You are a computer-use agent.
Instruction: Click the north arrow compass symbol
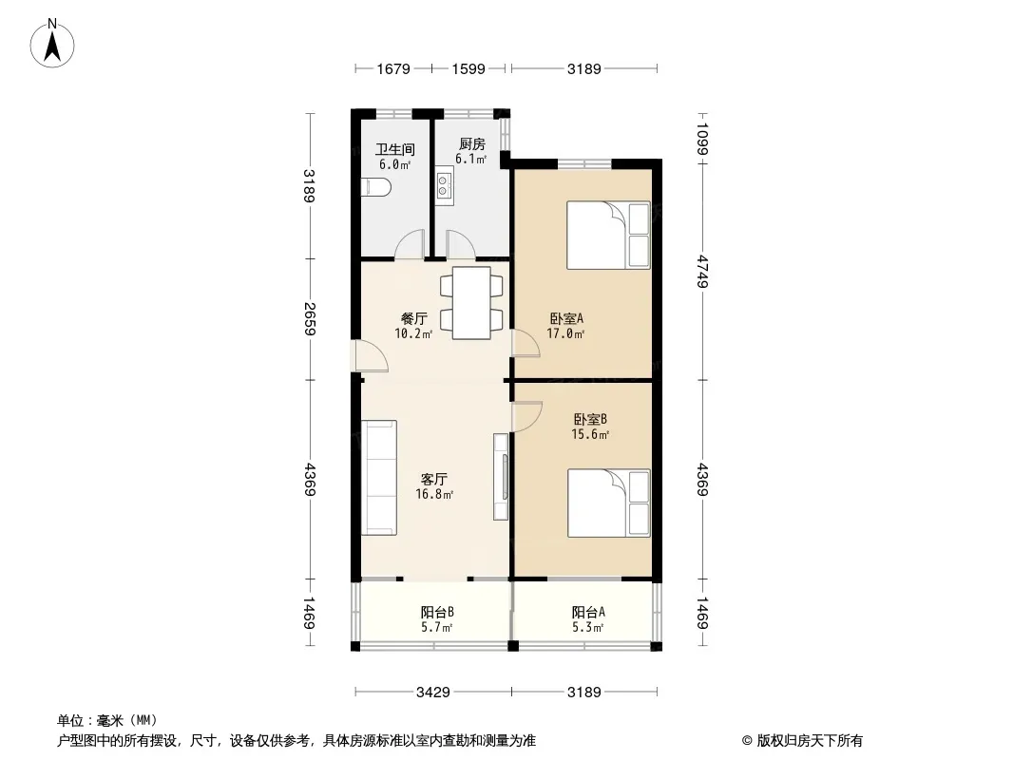coord(52,44)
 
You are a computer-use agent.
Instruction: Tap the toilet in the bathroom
coord(375,187)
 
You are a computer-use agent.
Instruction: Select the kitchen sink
coord(444,186)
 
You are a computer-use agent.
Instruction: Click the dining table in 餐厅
coord(471,303)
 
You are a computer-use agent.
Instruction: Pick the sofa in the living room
coord(378,478)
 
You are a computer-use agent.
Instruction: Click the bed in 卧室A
coord(608,235)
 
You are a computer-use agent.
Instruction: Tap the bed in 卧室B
coord(608,503)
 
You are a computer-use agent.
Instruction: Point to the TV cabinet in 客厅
coord(502,477)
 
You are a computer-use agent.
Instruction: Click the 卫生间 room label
coord(394,150)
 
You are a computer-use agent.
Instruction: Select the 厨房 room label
coord(471,144)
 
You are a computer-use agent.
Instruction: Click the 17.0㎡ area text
coord(566,333)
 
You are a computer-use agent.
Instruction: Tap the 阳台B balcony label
coord(437,612)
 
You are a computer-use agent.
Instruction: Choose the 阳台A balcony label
coord(588,612)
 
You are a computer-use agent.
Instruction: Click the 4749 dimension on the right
coord(703,272)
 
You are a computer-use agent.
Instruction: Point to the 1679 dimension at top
coord(393,68)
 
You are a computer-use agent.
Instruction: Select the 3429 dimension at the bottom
coord(432,693)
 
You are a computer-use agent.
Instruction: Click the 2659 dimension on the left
coord(310,319)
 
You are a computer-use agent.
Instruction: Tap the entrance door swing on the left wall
coord(370,356)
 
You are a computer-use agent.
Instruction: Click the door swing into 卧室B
coord(526,416)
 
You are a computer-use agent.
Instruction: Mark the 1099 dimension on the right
coord(703,139)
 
